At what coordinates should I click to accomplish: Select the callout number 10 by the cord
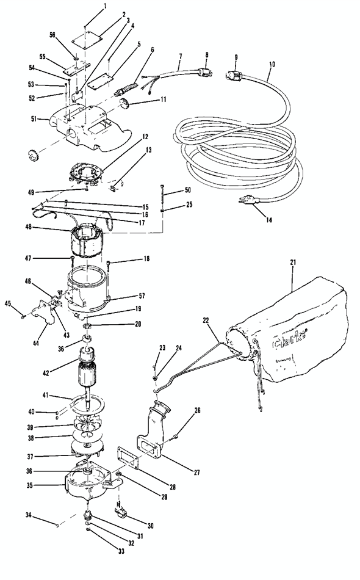click(272, 63)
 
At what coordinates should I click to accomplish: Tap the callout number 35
click(43, 487)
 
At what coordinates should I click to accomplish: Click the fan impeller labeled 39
click(89, 426)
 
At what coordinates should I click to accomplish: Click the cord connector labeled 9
click(236, 74)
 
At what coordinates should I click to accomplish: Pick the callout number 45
click(8, 303)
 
